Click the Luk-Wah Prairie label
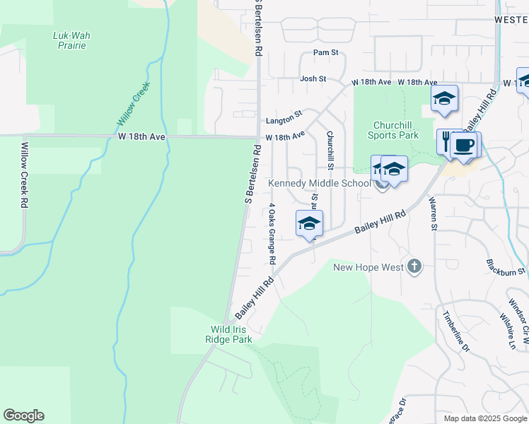[71, 40]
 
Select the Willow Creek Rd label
[24, 175]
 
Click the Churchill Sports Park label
[395, 130]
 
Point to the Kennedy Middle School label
[319, 184]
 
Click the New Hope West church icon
[414, 266]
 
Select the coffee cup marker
[464, 145]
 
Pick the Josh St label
[313, 78]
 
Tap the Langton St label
[284, 113]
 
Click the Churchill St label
[329, 150]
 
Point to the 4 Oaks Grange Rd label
[271, 234]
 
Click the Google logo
[23, 416]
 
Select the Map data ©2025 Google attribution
[484, 418]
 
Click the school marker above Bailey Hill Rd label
[309, 224]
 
